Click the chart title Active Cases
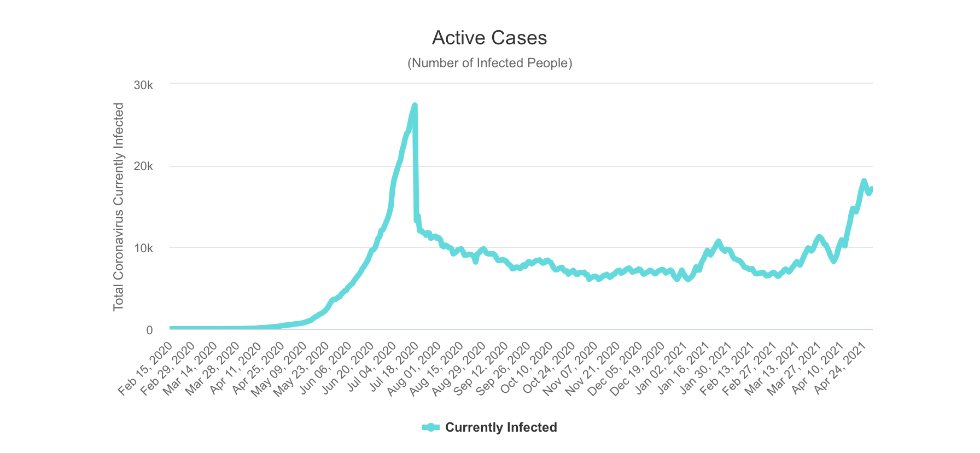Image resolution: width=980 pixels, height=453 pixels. coord(489,38)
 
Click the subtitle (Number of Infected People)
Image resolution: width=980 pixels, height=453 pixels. coord(489,63)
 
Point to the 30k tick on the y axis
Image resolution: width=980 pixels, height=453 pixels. coord(143,85)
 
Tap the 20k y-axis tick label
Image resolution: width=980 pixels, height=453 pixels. coord(143,167)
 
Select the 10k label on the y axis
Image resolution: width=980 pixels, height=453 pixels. coord(143,248)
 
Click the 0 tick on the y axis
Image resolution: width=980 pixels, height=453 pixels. coord(149,330)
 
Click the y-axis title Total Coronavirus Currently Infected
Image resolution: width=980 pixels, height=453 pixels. coord(119,207)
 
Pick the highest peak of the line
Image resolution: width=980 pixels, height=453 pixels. coord(415,105)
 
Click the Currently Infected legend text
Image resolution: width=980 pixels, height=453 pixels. coord(501,427)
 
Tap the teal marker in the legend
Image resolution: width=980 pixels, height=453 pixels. coord(431,427)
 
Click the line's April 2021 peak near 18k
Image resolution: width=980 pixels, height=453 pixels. coord(864,181)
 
